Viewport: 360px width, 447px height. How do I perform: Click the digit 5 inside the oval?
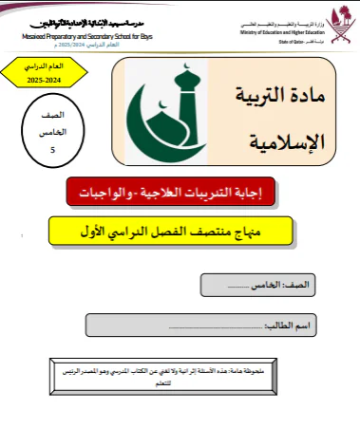tap(53, 149)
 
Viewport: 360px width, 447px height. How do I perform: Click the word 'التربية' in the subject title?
tap(255, 99)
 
